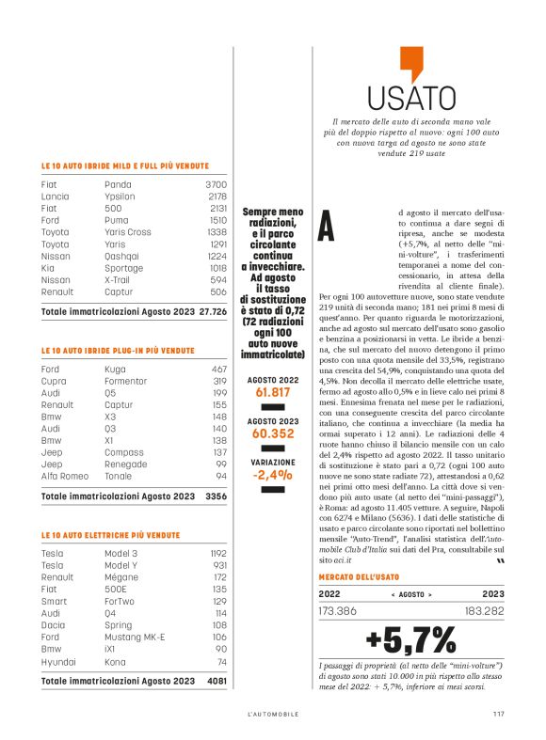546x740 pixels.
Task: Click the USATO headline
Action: click(x=411, y=98)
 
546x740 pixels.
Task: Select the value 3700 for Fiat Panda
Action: click(x=216, y=185)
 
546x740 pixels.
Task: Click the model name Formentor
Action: click(x=126, y=381)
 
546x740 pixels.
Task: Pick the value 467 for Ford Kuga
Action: click(x=218, y=370)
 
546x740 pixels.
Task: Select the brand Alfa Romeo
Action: click(x=62, y=476)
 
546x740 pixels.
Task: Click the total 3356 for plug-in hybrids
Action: click(x=216, y=495)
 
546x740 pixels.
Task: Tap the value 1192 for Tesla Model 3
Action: click(x=217, y=554)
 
